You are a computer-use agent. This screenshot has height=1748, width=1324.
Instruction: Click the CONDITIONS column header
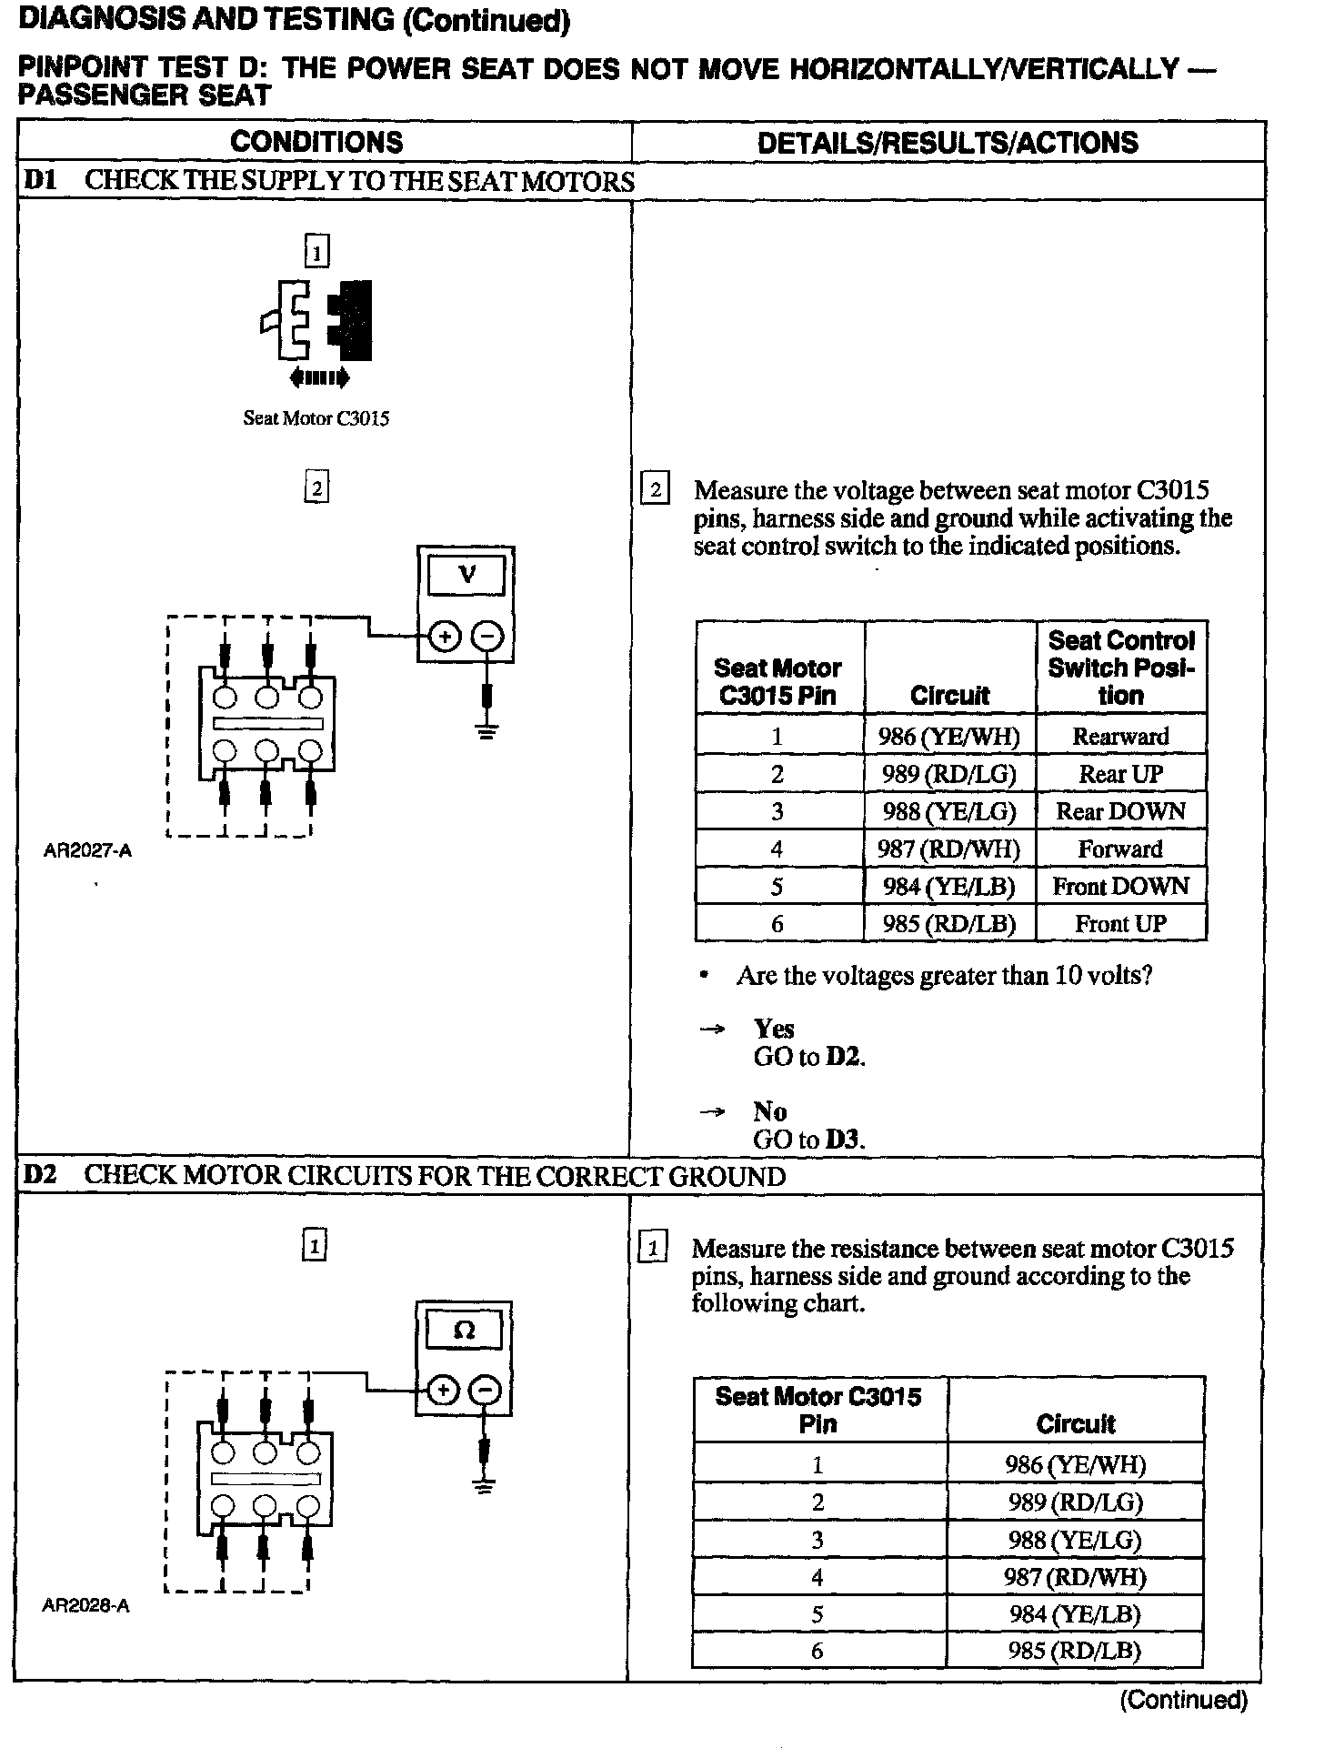point(316,142)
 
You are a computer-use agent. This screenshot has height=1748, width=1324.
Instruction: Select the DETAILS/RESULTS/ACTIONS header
point(947,143)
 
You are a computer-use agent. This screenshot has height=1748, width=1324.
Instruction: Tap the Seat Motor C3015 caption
point(316,418)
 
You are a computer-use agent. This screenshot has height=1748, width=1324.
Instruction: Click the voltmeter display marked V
point(466,575)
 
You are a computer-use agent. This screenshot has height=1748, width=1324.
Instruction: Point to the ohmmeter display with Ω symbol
point(464,1331)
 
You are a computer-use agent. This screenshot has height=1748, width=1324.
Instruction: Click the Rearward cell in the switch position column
point(1120,736)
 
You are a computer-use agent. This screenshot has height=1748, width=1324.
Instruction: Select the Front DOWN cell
point(1120,886)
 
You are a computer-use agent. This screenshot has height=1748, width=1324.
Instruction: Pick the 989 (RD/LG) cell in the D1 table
point(948,774)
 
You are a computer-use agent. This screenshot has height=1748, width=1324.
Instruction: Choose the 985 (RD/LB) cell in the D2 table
point(1074,1651)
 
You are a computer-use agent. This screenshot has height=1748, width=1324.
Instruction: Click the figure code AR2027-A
point(87,851)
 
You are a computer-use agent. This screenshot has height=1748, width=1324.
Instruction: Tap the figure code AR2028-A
point(85,1606)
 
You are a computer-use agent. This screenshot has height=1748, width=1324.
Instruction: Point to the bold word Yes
point(774,1029)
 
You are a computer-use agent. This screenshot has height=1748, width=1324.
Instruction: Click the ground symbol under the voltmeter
point(487,730)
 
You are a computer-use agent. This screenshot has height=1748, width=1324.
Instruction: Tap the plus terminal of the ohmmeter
point(442,1391)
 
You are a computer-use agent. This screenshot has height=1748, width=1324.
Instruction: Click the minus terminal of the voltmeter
point(488,637)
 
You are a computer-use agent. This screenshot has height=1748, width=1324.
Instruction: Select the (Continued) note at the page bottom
point(1183,1699)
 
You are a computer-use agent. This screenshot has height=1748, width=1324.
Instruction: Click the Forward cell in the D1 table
point(1120,849)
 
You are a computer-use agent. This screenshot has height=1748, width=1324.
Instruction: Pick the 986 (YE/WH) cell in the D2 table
point(1074,1464)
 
